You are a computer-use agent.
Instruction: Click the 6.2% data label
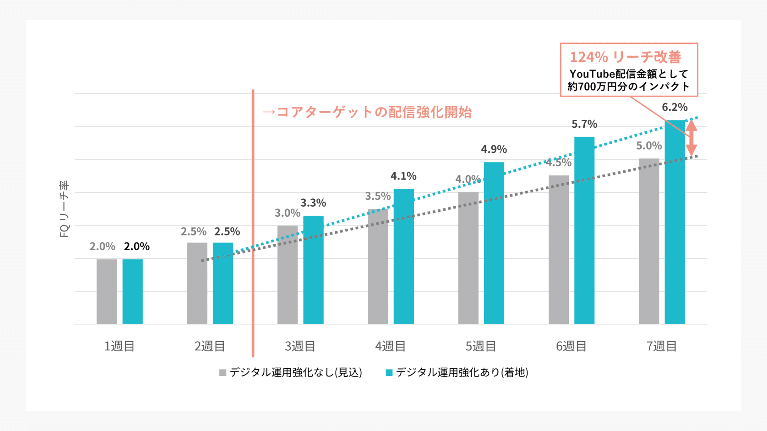675,107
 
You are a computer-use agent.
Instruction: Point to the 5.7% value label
584,124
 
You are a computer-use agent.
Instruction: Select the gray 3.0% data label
287,213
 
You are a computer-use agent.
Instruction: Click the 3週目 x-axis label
300,346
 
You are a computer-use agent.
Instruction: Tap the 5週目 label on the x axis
481,346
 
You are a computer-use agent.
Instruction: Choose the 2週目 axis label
210,346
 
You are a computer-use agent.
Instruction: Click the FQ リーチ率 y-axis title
64,209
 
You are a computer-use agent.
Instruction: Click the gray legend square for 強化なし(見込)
223,373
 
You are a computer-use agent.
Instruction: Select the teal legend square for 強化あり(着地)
389,373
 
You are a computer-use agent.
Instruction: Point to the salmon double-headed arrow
691,138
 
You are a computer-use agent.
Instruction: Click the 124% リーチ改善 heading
625,57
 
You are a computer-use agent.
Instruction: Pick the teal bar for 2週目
223,283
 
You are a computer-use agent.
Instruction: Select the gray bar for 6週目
558,249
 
